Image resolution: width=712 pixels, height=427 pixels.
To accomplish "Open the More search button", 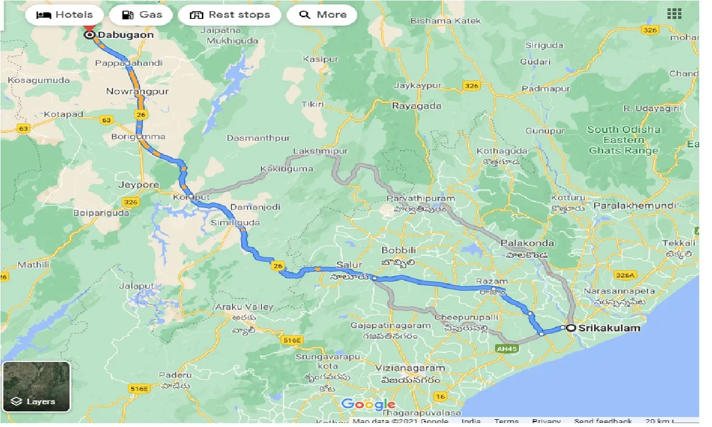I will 322,15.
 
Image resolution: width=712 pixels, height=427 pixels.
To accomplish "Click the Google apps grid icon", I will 674,14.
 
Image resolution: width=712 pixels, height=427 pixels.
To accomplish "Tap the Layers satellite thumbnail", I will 36,386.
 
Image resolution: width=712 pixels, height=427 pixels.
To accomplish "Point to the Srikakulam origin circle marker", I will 571,328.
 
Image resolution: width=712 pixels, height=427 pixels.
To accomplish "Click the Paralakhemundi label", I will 635,206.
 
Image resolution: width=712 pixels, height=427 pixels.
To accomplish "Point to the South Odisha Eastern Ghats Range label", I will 624,140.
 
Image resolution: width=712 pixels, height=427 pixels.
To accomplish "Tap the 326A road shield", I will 624,275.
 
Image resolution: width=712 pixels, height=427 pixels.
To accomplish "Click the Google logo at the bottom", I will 368,404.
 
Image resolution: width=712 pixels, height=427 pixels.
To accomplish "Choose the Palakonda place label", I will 527,244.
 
